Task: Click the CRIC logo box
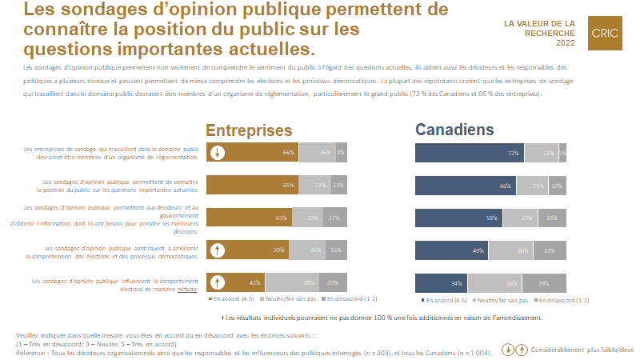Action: pyautogui.click(x=606, y=34)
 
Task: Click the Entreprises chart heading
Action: pyautogui.click(x=249, y=130)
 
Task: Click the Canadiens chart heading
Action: pyautogui.click(x=455, y=130)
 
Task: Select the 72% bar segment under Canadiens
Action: pyautogui.click(x=469, y=153)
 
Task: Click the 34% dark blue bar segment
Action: pyautogui.click(x=441, y=282)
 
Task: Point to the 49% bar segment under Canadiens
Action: pyautogui.click(x=450, y=250)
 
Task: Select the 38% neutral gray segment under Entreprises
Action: pyautogui.click(x=292, y=282)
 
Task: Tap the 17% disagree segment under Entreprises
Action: pyautogui.click(x=333, y=218)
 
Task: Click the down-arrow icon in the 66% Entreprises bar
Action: pyautogui.click(x=217, y=153)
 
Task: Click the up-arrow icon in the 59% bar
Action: pyautogui.click(x=217, y=250)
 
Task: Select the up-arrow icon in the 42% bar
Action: pyautogui.click(x=217, y=282)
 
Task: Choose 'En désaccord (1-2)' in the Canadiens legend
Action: pyautogui.click(x=551, y=300)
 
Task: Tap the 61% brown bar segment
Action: pyautogui.click(x=250, y=218)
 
